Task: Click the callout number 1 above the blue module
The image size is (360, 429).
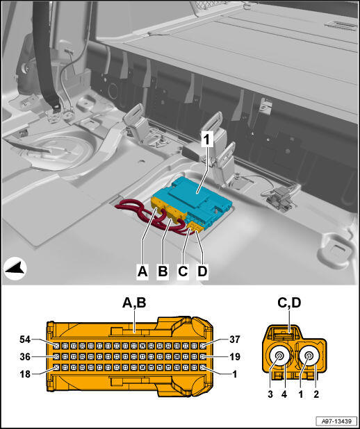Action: [207, 140]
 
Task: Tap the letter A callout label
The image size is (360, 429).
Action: [142, 271]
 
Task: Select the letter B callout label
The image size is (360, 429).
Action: [163, 271]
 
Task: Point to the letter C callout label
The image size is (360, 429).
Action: [183, 271]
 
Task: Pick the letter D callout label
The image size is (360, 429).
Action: [202, 271]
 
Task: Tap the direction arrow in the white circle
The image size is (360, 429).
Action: [15, 269]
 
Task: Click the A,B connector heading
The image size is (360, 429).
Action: [134, 303]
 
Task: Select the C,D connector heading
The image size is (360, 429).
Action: [289, 303]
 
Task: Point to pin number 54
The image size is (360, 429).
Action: [25, 339]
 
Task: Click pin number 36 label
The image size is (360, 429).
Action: [25, 357]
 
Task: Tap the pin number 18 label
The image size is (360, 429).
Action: [25, 374]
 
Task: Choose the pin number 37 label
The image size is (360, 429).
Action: [234, 339]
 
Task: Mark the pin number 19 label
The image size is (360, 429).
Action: [234, 357]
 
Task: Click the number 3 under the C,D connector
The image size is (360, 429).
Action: [270, 394]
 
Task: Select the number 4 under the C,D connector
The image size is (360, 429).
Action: [284, 394]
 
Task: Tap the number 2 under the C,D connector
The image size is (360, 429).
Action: [316, 394]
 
